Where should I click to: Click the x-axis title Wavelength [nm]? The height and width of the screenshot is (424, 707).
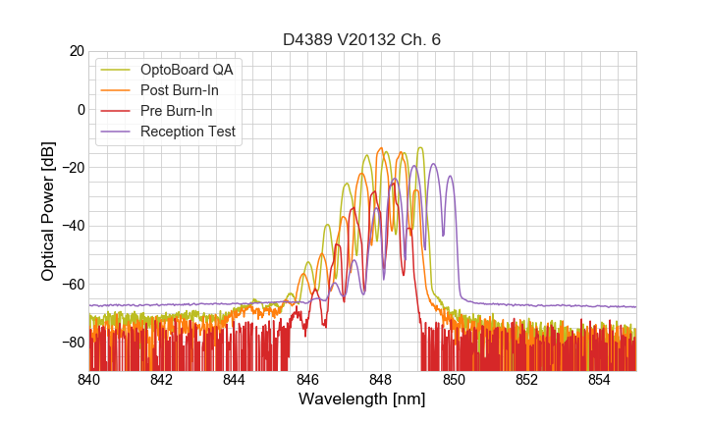click(x=361, y=400)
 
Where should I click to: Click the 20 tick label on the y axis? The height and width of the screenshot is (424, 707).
click(x=76, y=51)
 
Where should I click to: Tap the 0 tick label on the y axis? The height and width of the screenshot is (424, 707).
click(x=80, y=109)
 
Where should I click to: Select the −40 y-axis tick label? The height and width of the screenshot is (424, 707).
click(x=71, y=226)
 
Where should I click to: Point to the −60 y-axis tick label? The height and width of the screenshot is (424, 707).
click(x=71, y=284)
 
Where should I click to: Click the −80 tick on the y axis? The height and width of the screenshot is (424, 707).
click(x=71, y=342)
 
